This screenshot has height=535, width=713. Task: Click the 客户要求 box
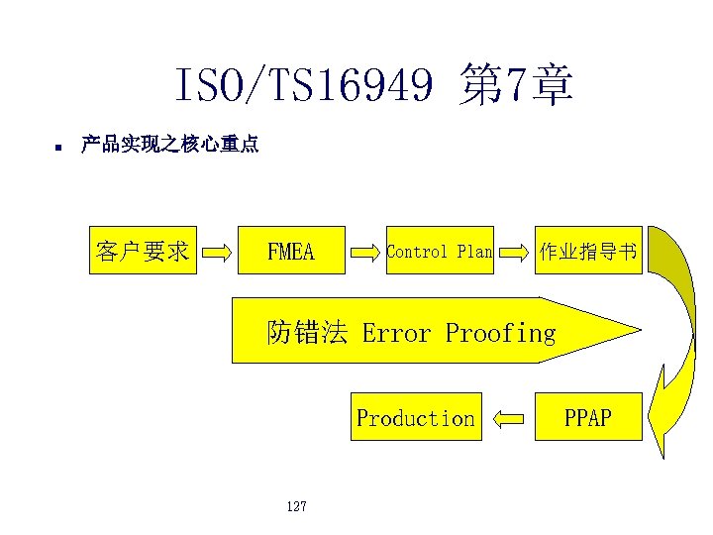[143, 252]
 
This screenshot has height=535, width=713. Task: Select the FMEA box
[291, 252]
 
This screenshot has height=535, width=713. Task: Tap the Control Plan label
[439, 252]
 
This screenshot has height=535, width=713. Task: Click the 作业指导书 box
[588, 252]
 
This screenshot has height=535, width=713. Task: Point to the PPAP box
[588, 418]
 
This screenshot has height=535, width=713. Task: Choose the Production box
[416, 418]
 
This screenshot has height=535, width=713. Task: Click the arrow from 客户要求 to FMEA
[219, 253]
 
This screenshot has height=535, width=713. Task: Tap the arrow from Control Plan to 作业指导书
[514, 253]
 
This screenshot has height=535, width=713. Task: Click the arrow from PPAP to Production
[508, 419]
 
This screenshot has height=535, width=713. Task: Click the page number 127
[295, 506]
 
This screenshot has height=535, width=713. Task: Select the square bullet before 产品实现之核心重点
[58, 148]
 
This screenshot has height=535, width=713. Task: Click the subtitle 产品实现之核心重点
[169, 145]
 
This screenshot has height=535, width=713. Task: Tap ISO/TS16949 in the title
[303, 86]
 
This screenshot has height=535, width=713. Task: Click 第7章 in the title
[516, 86]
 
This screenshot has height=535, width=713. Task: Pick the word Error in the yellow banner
[396, 333]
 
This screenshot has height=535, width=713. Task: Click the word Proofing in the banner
[500, 333]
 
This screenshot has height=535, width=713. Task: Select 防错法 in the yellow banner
[307, 333]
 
